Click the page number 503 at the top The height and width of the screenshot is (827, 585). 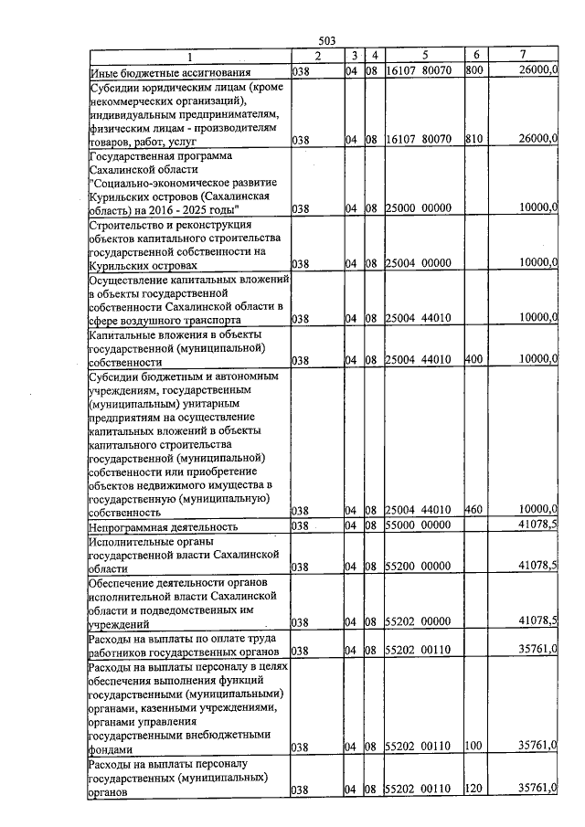(x=327, y=41)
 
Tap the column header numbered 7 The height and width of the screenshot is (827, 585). (x=522, y=56)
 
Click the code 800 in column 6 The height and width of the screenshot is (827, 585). (x=473, y=70)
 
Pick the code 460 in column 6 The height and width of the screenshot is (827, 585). (x=473, y=509)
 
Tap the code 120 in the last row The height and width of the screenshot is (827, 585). (x=473, y=788)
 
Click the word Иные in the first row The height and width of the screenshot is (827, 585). (x=102, y=71)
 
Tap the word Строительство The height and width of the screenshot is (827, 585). (x=128, y=224)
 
